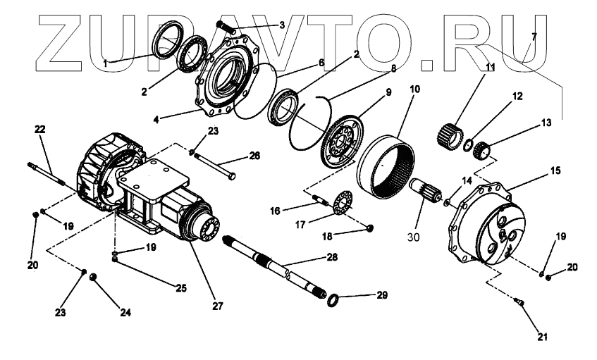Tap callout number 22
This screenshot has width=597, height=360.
pos(39,129)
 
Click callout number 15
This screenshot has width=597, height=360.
pos(555,170)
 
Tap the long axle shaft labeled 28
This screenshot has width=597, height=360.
pos(275,267)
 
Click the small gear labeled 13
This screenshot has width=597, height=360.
pos(482,150)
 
